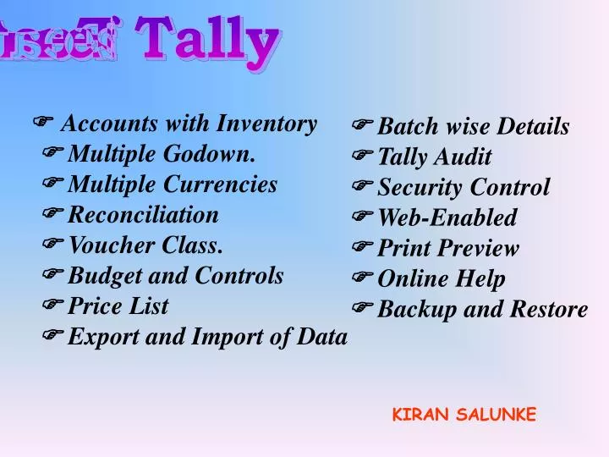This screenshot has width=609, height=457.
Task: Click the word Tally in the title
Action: (x=207, y=41)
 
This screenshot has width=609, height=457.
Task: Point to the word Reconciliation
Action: (x=143, y=215)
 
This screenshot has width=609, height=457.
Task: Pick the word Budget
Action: (x=100, y=276)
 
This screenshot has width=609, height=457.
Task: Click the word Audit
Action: (x=464, y=157)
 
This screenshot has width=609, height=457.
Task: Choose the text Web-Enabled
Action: (x=447, y=218)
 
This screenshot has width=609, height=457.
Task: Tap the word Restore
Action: (x=549, y=310)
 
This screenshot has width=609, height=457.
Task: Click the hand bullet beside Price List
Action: (x=52, y=306)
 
